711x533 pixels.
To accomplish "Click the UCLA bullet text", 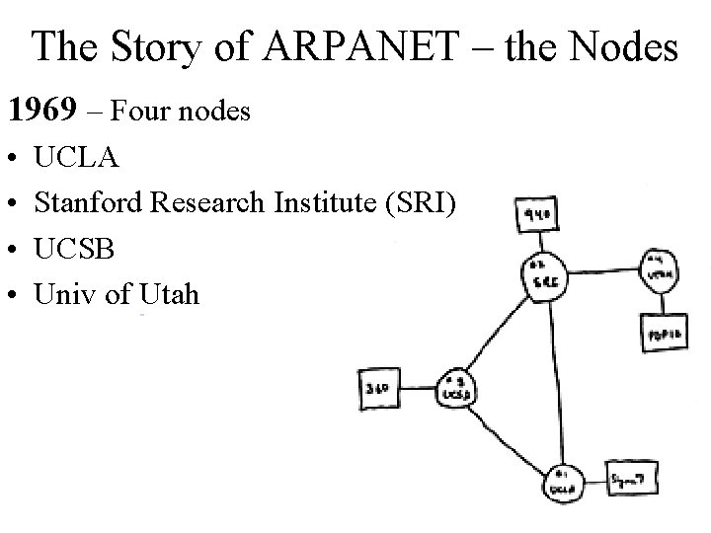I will [77, 158].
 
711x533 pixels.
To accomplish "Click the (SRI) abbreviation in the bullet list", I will [421, 203].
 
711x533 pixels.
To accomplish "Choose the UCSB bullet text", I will [75, 249].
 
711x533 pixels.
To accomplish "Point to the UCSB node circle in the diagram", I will [451, 388].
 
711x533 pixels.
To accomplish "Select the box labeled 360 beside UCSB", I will [376, 389].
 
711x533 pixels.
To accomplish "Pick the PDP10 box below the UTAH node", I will [661, 333].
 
